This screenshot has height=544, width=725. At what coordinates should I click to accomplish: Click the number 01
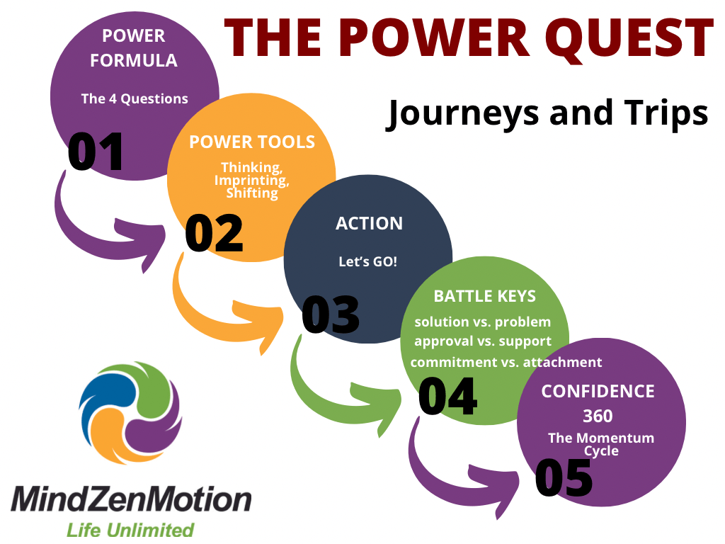tap(96, 152)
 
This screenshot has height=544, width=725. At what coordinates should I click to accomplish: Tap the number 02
tap(214, 233)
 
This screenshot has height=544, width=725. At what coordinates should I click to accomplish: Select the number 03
tap(331, 314)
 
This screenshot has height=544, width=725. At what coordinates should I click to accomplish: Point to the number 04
tap(447, 395)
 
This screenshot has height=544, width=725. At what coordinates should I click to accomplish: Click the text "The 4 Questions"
tap(135, 99)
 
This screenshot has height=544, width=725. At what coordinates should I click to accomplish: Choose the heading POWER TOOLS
tap(252, 142)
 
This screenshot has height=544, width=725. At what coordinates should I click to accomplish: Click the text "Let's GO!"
tap(367, 261)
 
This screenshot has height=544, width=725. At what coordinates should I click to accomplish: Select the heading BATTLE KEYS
tap(485, 296)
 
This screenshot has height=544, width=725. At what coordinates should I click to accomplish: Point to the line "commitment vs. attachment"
tap(506, 362)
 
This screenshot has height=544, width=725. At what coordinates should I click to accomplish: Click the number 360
tap(598, 416)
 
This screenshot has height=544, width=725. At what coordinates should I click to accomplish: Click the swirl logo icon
tap(130, 413)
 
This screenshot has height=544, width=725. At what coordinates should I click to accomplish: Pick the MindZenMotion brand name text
tap(131, 500)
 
